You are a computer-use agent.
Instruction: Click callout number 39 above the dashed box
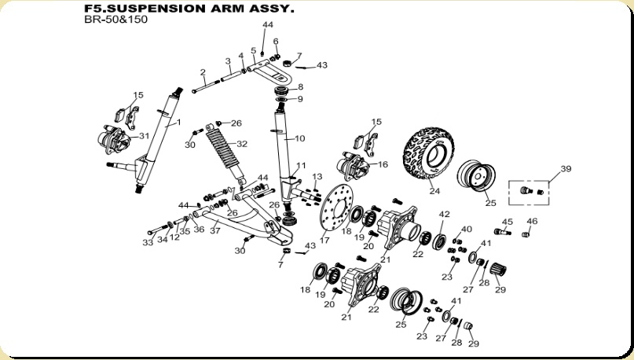tap(566, 170)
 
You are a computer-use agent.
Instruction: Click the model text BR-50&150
tap(115, 20)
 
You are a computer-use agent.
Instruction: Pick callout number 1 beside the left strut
tap(178, 123)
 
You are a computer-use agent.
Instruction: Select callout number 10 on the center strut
tap(299, 138)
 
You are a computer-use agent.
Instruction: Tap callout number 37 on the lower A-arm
tap(214, 232)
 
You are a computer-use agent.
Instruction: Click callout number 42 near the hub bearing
tap(444, 214)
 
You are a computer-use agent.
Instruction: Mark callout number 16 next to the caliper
tap(383, 165)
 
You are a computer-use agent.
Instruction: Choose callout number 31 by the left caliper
tap(144, 136)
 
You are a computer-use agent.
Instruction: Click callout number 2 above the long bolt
tap(203, 72)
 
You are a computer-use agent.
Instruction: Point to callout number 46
tap(532, 222)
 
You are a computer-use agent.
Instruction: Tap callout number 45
tap(507, 222)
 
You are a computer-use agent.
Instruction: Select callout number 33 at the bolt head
tap(147, 243)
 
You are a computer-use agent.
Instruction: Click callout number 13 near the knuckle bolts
tap(317, 176)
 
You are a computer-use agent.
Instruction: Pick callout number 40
tap(467, 230)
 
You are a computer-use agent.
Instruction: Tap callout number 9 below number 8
tap(299, 99)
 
